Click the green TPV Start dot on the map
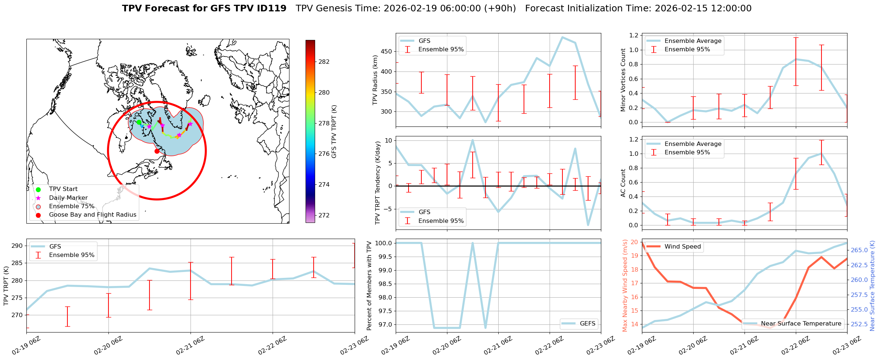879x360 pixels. point(139,122)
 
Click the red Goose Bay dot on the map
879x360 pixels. point(157,151)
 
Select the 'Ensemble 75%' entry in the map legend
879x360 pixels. point(71,206)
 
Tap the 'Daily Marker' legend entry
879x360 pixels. point(68,198)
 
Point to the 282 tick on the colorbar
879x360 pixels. point(324,62)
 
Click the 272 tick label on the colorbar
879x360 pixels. point(324,215)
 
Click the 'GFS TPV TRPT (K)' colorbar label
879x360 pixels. point(334,132)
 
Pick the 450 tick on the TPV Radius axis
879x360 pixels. point(387,51)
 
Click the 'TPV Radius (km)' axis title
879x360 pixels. point(375,80)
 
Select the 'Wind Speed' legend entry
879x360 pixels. point(682,247)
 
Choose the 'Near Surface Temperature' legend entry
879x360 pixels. point(801,324)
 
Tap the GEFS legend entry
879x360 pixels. point(587,323)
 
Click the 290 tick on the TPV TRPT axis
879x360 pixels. point(17,246)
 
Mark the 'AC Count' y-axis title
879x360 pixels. point(623,183)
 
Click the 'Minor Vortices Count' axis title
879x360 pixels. point(623,80)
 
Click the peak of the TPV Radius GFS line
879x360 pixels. point(562,37)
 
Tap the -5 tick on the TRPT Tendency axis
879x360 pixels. point(388,209)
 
